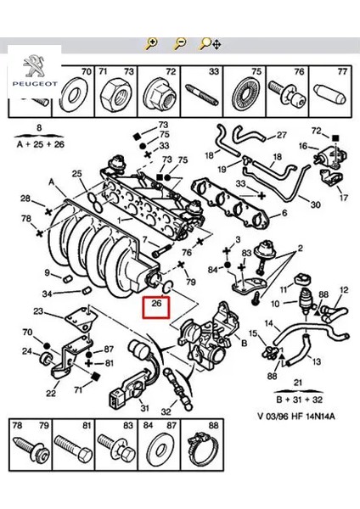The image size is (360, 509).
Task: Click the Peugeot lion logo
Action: (x=31, y=65)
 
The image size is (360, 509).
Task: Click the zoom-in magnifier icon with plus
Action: (x=151, y=43)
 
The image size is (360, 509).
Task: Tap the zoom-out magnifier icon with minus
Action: (x=179, y=43)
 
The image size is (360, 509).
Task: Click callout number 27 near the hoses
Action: (x=282, y=135)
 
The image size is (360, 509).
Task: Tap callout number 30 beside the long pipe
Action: (x=316, y=204)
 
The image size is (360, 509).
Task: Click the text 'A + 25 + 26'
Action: (x=37, y=144)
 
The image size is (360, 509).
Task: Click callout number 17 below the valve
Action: (x=343, y=198)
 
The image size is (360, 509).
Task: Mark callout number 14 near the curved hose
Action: (x=269, y=323)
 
